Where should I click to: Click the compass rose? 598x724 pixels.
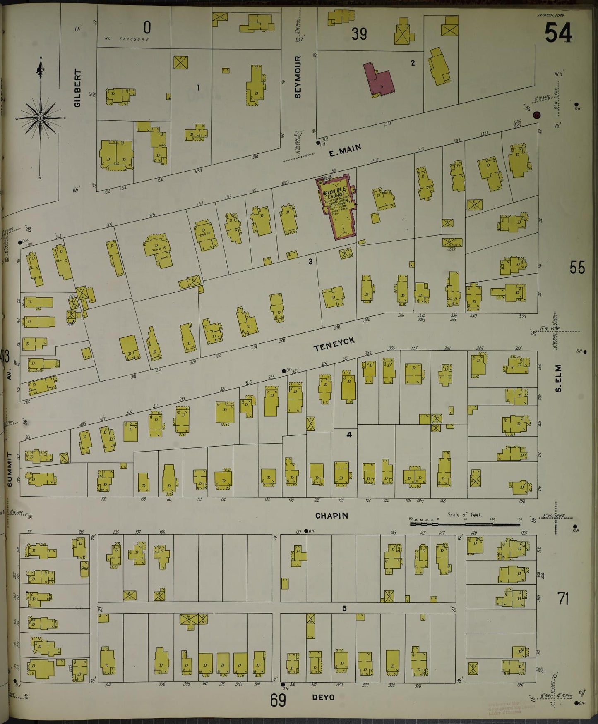pos(41,118)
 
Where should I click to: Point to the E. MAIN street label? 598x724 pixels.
pos(345,151)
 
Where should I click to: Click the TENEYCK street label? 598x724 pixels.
pos(334,344)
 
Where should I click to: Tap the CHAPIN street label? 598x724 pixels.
pos(331,516)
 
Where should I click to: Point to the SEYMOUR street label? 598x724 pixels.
pos(298,77)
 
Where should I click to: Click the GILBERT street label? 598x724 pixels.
pos(77,88)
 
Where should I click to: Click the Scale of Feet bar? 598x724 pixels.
pos(465,524)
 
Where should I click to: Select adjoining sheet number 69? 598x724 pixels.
pos(278,701)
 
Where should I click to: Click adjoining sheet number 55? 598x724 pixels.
pos(577,268)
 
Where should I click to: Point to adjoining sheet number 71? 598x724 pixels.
pos(563,598)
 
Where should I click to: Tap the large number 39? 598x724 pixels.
pos(359,34)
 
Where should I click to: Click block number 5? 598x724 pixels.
pos(344,608)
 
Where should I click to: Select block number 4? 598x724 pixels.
pos(349,435)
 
